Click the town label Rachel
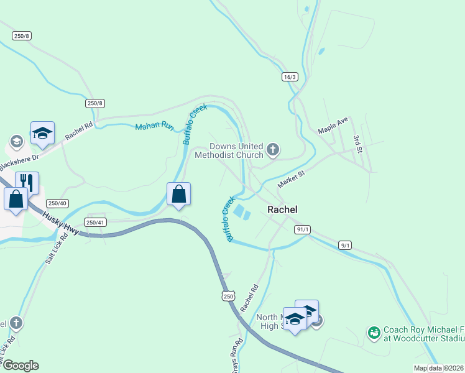click(282, 210)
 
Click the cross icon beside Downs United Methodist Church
click(272, 149)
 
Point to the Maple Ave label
click(333, 126)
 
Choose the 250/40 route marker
click(58, 203)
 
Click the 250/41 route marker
click(95, 222)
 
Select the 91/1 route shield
click(303, 229)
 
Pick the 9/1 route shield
click(345, 245)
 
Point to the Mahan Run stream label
click(155, 126)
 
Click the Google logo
click(20, 365)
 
